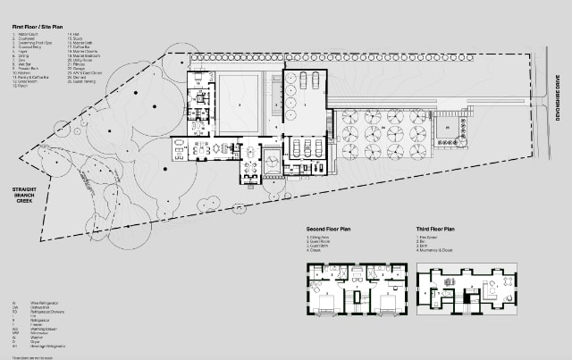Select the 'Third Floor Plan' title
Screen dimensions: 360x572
point(437,230)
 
